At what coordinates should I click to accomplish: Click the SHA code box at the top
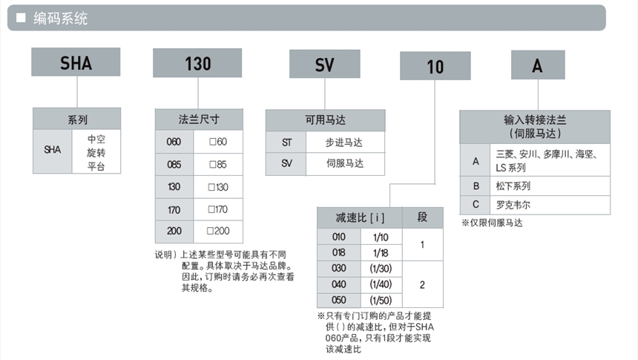click(76, 62)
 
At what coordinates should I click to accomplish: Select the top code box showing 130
click(198, 63)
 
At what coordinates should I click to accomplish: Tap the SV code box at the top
click(325, 65)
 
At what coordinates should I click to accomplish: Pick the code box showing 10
click(435, 66)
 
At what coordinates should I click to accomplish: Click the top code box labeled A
click(537, 65)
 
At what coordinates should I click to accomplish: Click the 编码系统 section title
click(61, 19)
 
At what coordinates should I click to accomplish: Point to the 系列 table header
click(76, 119)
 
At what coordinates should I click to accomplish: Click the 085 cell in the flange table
click(174, 164)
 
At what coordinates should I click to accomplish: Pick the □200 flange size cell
click(218, 232)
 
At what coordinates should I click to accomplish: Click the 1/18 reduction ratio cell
click(381, 252)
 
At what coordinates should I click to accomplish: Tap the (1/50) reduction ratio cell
click(381, 301)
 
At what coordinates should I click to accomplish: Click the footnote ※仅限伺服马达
click(492, 222)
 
